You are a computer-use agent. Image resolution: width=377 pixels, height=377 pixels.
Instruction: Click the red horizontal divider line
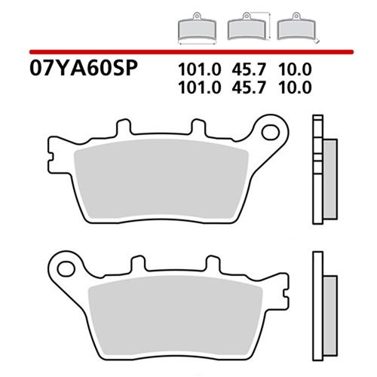[188, 51]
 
